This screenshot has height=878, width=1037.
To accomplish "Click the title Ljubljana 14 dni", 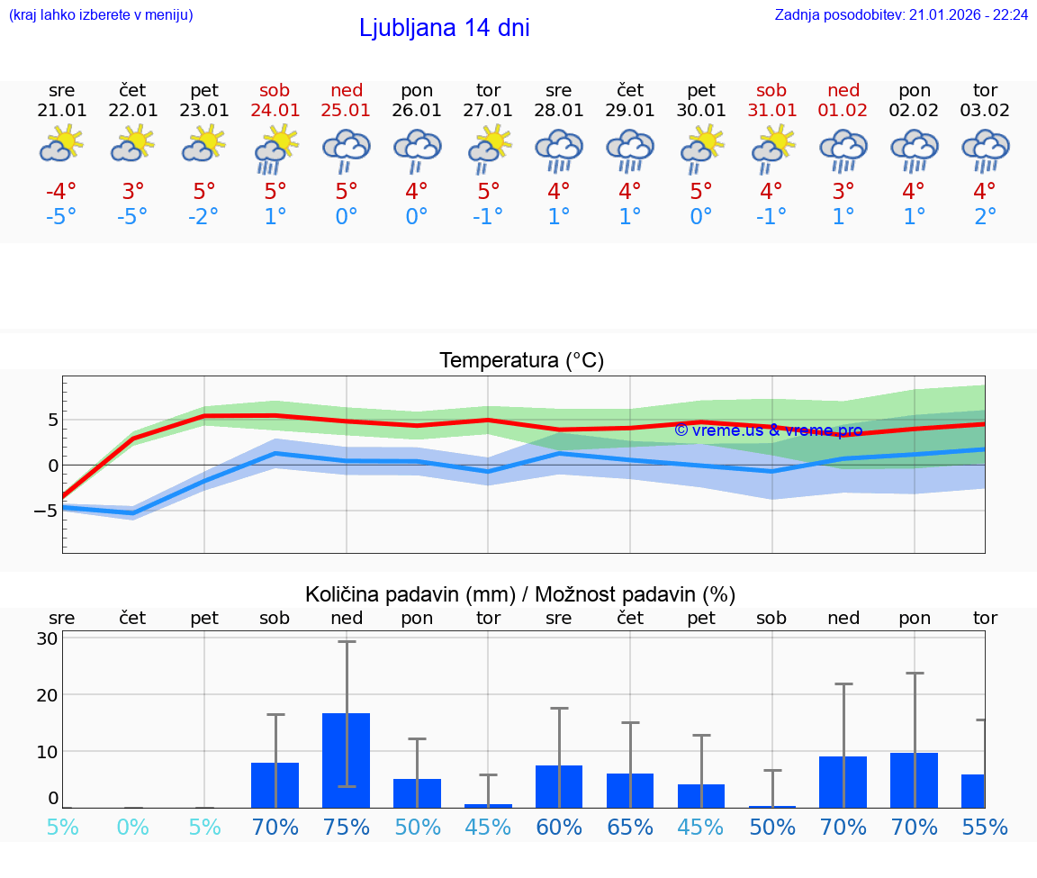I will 444,28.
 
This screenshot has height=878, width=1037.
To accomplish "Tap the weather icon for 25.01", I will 347,150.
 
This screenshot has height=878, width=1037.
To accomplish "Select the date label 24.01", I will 275,111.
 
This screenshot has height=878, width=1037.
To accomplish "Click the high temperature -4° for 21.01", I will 62,192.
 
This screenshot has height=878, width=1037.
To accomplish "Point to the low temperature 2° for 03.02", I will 985,217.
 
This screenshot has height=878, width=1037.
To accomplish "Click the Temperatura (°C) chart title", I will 521,361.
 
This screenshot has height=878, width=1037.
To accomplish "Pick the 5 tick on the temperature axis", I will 53,420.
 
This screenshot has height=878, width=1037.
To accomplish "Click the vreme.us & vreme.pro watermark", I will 768,430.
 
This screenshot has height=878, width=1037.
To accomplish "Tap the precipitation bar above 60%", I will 559,786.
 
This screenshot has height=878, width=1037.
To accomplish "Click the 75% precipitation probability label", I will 347,827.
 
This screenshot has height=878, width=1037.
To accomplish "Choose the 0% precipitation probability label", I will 133,827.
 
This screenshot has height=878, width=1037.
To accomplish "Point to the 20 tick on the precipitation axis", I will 48,695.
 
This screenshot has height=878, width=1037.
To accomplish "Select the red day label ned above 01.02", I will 843,90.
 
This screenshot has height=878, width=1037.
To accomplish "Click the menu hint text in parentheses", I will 101,15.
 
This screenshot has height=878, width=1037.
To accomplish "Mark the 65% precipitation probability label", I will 630,827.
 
